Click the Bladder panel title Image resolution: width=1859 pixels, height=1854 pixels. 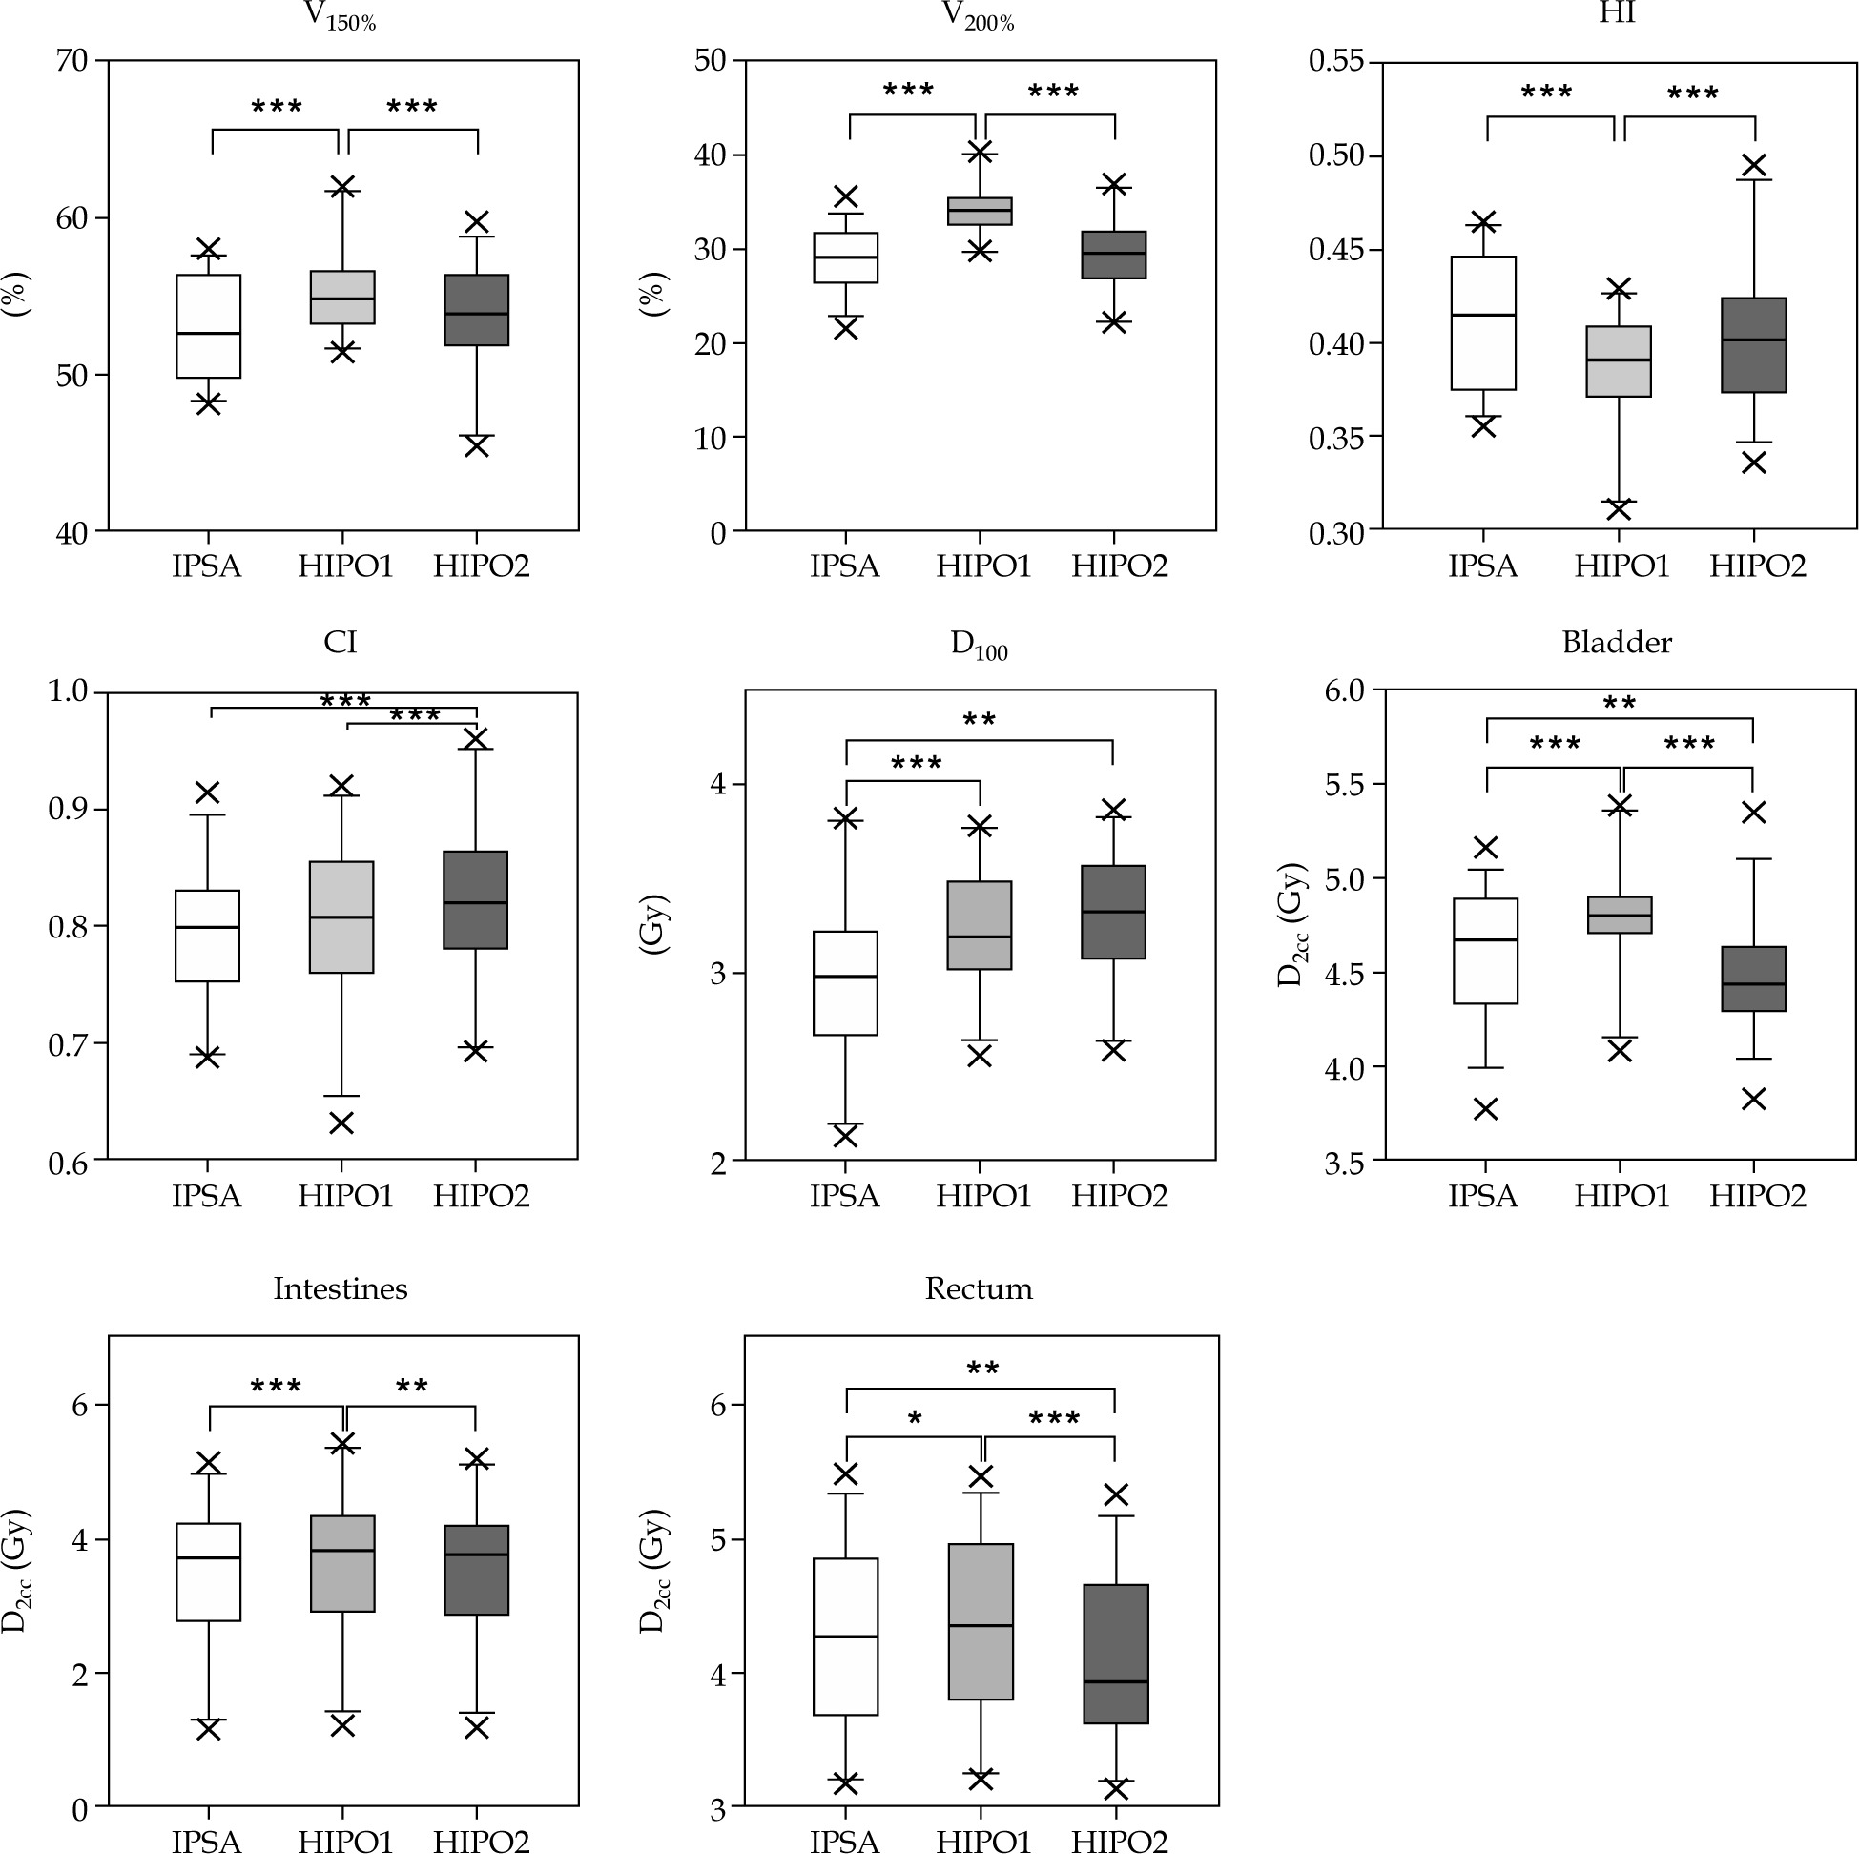1617,643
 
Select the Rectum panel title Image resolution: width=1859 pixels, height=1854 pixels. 979,1289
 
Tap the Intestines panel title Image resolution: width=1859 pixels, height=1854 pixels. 341,1289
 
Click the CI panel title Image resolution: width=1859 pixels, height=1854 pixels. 341,643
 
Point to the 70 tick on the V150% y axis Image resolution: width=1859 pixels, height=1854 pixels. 72,61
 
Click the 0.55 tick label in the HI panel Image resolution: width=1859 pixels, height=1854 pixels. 1336,61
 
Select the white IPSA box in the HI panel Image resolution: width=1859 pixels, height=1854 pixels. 1484,322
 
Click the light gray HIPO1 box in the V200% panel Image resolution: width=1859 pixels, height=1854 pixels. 980,211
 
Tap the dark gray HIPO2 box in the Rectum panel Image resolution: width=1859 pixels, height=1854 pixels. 1116,1655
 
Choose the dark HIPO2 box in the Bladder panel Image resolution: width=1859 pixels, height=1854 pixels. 1754,979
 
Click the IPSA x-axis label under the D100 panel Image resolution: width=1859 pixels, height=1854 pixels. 845,1196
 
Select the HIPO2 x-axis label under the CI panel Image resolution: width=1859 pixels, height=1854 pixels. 481,1196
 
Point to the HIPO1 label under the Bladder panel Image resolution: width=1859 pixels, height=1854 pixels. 1621,1196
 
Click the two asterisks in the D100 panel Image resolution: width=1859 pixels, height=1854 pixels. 979,720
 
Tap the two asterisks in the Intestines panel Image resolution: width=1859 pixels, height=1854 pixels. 412,1387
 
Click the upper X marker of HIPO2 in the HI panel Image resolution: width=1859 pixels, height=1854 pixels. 1755,166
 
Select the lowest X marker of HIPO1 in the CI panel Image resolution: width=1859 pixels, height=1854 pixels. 341,1123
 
